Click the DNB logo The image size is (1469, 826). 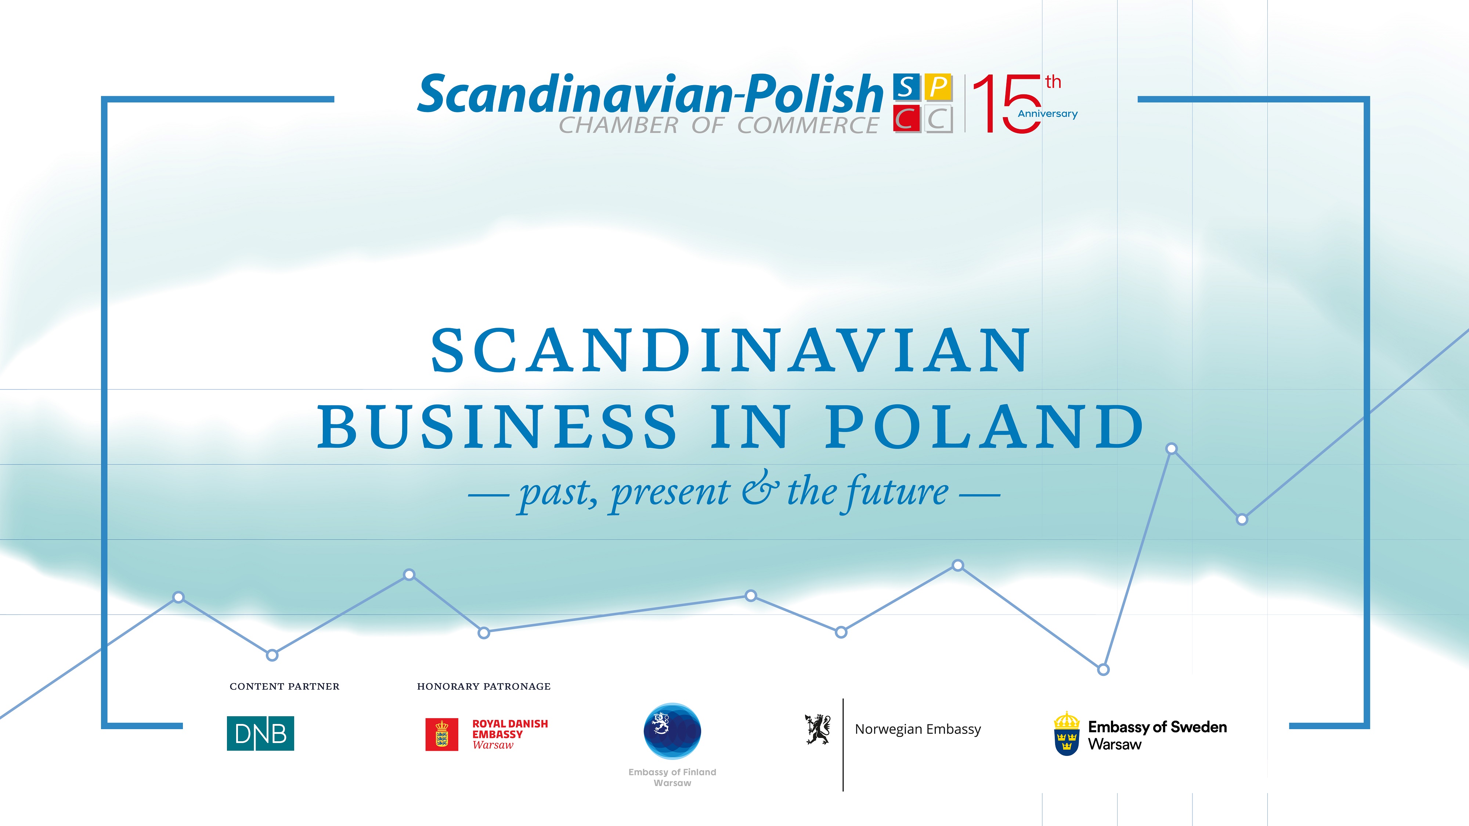pyautogui.click(x=261, y=733)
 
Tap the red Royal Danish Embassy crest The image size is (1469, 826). pyautogui.click(x=441, y=734)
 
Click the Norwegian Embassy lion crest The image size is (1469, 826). pyautogui.click(x=818, y=729)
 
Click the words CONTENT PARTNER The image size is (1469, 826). pyautogui.click(x=285, y=686)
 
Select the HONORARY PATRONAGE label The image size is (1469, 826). pyautogui.click(x=484, y=686)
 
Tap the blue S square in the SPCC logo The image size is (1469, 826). pyautogui.click(x=906, y=87)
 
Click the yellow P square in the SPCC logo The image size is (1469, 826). pyautogui.click(x=938, y=87)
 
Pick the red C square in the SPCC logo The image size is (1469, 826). pyautogui.click(x=906, y=119)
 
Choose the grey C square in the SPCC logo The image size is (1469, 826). pyautogui.click(x=938, y=119)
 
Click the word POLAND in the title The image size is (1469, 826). pyautogui.click(x=985, y=426)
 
